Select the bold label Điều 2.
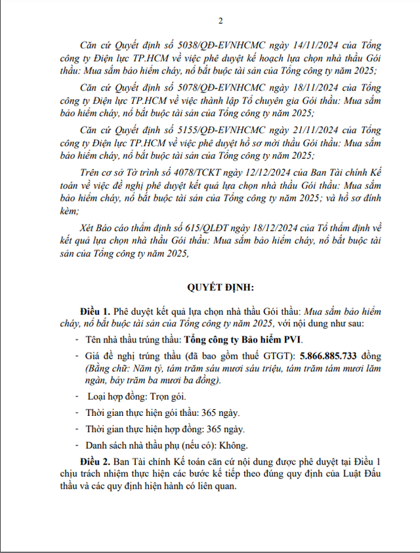pyautogui.click(x=90, y=462)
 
